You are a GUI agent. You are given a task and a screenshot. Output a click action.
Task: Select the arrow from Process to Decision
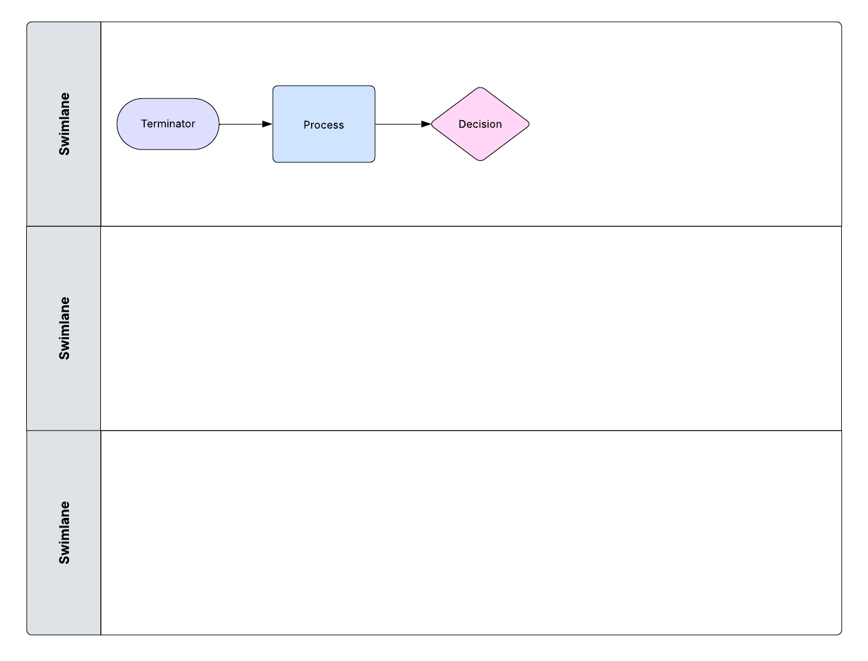coord(399,124)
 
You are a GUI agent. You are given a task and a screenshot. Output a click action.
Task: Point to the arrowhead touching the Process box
coord(268,124)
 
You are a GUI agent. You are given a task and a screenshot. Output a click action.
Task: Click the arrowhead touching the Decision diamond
coord(426,124)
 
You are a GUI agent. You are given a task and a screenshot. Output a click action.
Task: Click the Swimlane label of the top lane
coord(64,124)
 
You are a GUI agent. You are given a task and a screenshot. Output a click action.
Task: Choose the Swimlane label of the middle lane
coord(64,328)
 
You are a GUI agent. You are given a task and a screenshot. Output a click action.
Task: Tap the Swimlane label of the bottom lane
coord(64,533)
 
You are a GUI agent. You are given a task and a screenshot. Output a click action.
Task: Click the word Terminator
coord(168,124)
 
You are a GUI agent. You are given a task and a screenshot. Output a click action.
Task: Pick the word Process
coord(324,125)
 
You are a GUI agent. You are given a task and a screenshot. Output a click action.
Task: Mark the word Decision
coord(480,125)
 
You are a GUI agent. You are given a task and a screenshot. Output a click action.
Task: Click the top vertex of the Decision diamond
coord(480,88)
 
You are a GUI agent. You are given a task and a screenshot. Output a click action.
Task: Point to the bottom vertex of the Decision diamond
coord(480,160)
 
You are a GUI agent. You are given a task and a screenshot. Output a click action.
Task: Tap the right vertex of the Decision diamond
coord(528,124)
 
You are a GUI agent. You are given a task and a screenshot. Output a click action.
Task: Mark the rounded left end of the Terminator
coord(118,124)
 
